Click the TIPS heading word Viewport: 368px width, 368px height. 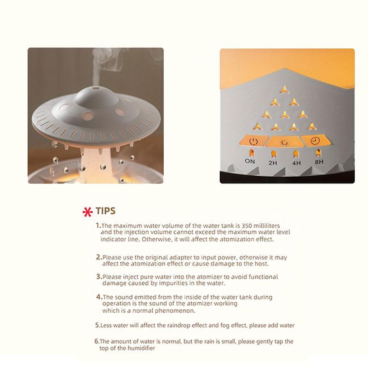pos(105,211)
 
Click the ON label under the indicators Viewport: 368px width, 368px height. pos(250,161)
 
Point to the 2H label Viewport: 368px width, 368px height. pos(272,162)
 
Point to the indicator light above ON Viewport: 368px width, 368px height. pos(250,152)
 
